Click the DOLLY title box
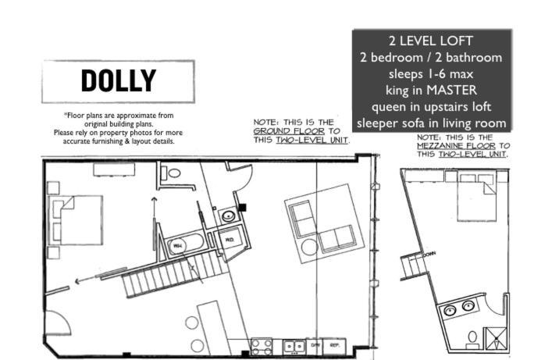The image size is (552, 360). pos(118,81)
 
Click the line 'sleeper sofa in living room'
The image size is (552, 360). pos(431,123)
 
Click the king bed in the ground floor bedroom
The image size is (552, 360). pos(76,219)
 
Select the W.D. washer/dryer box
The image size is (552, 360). pos(230,240)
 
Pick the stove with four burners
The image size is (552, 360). pos(262,345)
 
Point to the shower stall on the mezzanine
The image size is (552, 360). pos(493,337)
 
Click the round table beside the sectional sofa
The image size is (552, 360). pos(309,247)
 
